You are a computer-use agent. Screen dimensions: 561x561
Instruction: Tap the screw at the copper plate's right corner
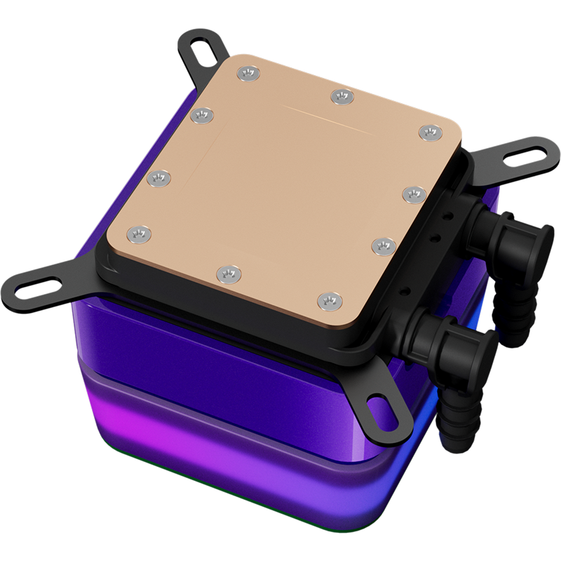click(430, 132)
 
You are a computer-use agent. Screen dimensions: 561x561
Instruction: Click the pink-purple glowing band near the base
click(210, 449)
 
